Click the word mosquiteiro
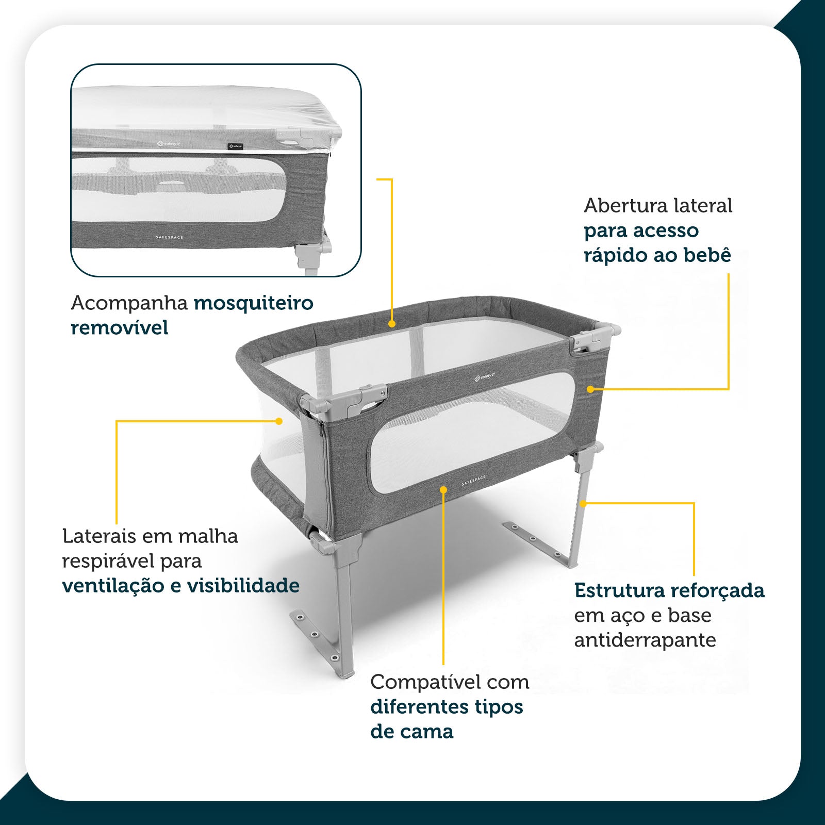(x=253, y=304)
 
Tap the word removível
(x=119, y=327)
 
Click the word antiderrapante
(x=645, y=640)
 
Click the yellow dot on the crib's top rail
(x=392, y=324)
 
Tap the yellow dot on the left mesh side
(x=279, y=421)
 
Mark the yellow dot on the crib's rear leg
(x=583, y=503)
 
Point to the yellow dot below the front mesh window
(x=443, y=488)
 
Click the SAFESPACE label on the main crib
(x=473, y=481)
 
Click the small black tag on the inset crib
(x=235, y=146)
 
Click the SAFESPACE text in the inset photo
(x=170, y=237)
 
